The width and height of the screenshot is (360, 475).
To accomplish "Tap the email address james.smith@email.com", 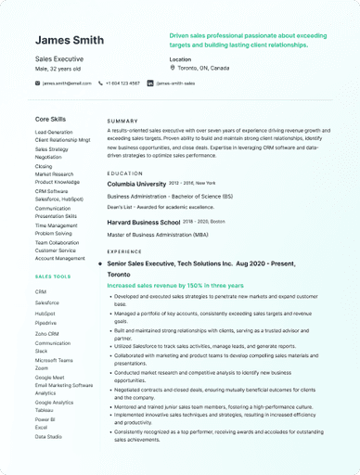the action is click(67, 83).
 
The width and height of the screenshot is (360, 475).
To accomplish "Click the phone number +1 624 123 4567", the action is click(122, 83).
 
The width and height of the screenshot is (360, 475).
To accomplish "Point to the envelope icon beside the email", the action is click(38, 83).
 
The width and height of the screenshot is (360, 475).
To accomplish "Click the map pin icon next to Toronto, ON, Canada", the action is click(173, 68).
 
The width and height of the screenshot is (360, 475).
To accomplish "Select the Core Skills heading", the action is click(50, 120).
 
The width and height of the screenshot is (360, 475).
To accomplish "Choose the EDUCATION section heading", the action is click(124, 173).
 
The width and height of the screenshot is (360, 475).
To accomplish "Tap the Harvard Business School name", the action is click(144, 223).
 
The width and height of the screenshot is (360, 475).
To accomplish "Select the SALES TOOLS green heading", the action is click(53, 276).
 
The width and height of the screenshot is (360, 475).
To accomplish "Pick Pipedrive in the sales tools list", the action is click(46, 323).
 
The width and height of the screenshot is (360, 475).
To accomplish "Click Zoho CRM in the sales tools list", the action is click(46, 333).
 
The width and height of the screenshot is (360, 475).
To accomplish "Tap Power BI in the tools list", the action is click(45, 419).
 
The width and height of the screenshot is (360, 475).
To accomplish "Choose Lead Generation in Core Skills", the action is click(54, 133).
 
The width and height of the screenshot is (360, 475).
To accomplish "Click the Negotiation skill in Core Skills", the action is click(49, 157).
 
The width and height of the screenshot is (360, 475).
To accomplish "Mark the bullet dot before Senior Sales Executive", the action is click(99, 264).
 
